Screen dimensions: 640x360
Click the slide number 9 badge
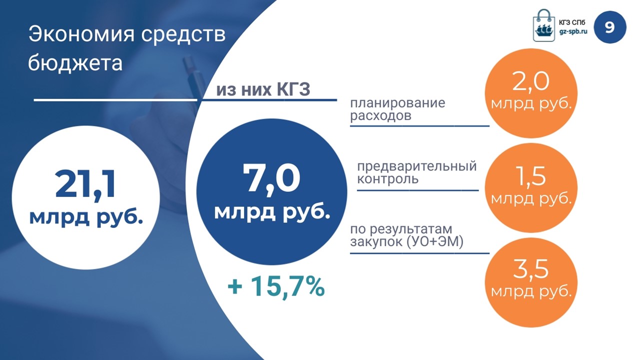tap(610, 27)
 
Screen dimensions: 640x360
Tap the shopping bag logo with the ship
tap(544, 25)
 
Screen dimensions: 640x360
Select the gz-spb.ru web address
tap(573, 31)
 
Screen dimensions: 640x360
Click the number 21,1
tap(85, 184)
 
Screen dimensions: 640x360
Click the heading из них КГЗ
tap(263, 89)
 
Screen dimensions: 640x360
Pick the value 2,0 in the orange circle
tap(531, 81)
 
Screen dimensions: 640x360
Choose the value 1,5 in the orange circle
tap(531, 176)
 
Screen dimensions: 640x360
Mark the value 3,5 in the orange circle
tap(531, 268)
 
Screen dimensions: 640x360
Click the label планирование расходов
tap(397, 109)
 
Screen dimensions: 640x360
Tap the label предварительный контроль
tap(417, 172)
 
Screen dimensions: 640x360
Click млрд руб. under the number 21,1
tap(86, 217)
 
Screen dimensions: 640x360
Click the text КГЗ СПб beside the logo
tap(572, 22)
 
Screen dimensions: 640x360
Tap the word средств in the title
tap(183, 34)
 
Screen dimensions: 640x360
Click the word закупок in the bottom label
tap(375, 241)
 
